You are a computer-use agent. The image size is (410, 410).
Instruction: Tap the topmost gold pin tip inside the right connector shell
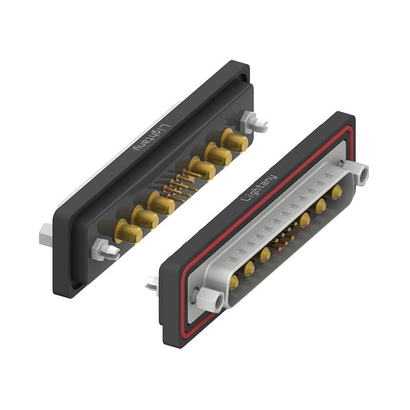pyautogui.click(x=337, y=192)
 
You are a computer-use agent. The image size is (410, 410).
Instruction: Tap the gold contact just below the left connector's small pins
pyautogui.click(x=161, y=204)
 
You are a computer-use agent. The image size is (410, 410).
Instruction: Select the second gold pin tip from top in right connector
pyautogui.click(x=321, y=206)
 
